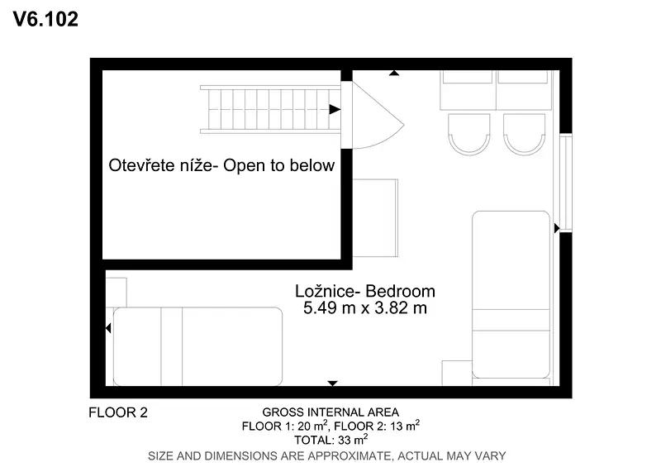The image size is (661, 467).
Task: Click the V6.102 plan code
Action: click(45, 19)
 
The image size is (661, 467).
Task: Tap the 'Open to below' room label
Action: click(221, 165)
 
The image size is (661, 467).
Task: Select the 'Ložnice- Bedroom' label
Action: click(365, 291)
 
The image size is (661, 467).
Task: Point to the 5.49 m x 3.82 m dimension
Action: click(365, 308)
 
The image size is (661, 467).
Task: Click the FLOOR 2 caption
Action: click(118, 412)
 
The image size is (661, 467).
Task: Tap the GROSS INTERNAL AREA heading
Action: click(330, 412)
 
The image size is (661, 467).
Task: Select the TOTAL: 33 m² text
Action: click(331, 440)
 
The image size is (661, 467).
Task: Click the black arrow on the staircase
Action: click(335, 109)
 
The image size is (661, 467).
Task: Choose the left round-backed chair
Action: click(469, 134)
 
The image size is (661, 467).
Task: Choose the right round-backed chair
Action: click(524, 134)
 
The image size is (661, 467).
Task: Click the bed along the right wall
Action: click(511, 294)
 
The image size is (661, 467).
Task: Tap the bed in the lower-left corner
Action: click(197, 346)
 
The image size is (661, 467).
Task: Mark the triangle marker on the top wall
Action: click(394, 73)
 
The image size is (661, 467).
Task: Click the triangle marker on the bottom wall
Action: click(333, 384)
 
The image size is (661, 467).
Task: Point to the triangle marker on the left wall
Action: click(108, 328)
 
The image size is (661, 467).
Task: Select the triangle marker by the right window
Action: click(557, 228)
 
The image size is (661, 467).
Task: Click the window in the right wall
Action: click(565, 183)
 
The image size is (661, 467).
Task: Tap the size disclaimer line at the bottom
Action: click(326, 455)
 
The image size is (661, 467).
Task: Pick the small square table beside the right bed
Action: click(457, 373)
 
